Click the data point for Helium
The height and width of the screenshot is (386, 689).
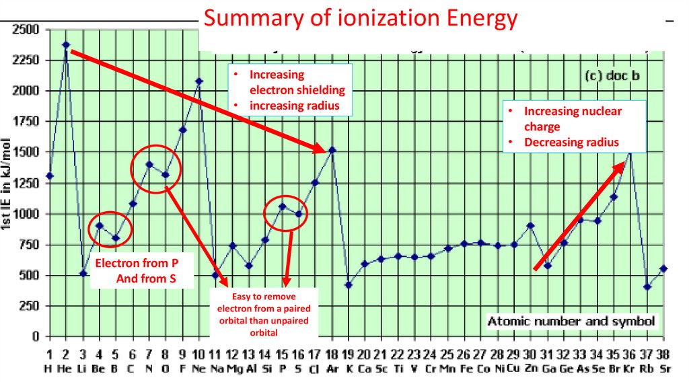coord(66,45)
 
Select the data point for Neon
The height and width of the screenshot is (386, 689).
coord(198,81)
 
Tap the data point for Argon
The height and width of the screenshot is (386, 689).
coord(332,150)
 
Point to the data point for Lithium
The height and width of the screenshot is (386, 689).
coord(83,273)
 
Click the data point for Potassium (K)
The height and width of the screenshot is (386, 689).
coord(349,284)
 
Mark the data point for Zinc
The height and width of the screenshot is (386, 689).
coord(530,226)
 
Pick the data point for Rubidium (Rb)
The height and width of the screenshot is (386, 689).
coord(647,286)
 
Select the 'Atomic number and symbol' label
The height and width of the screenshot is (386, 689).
coord(571,321)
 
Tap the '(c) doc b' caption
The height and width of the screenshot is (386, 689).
coord(610,76)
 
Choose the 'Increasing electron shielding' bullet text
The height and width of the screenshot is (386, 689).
coord(297,82)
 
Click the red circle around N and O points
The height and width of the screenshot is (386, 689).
coord(156,169)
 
